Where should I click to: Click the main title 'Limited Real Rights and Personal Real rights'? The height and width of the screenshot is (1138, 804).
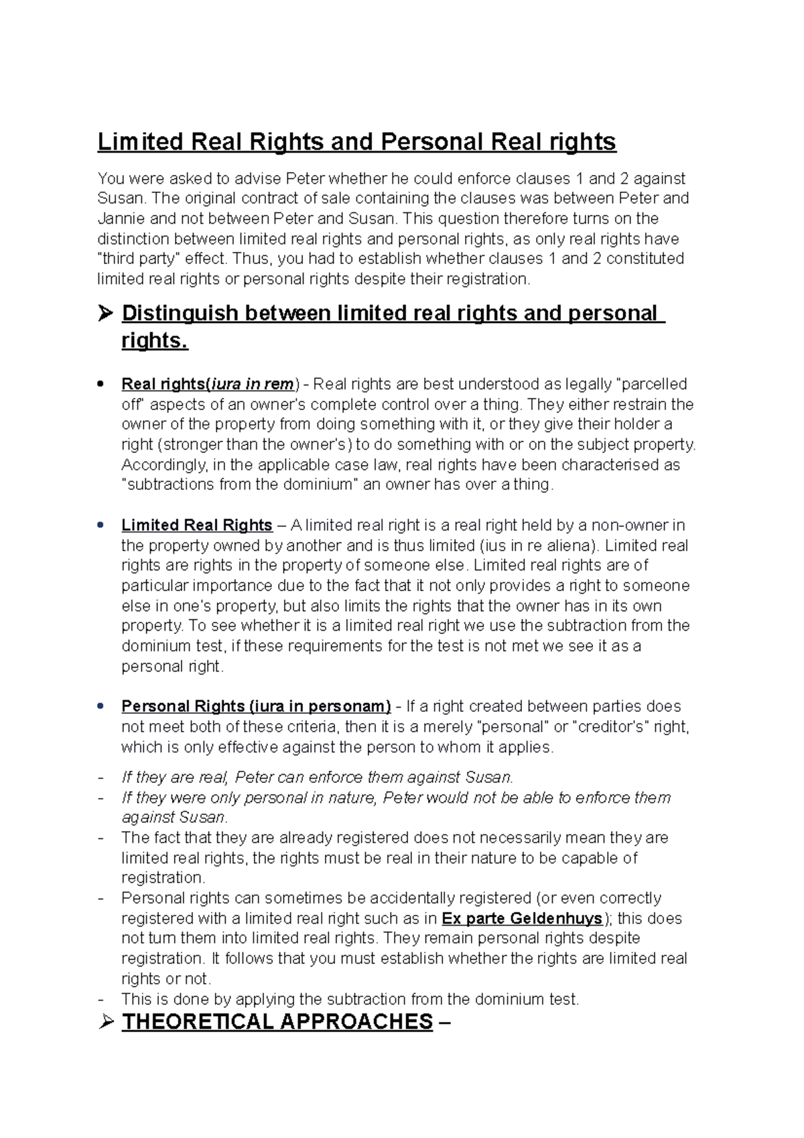[x=356, y=142]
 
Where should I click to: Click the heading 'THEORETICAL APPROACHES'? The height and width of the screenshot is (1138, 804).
[x=277, y=1022]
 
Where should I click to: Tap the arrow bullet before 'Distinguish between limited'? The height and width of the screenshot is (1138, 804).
[x=105, y=314]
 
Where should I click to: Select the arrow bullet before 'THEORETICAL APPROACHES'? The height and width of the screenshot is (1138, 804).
[x=105, y=1023]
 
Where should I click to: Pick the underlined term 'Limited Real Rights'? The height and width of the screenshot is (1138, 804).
[x=196, y=525]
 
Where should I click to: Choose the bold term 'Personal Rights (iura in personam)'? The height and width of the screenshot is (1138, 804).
[x=256, y=706]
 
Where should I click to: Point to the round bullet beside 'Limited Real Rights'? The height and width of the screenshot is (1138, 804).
[x=100, y=525]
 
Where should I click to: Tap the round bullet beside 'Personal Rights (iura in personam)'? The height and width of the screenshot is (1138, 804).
[x=100, y=706]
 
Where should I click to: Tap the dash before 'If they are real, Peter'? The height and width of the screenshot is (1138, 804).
[x=101, y=778]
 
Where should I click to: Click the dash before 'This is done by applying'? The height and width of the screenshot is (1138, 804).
[x=101, y=1000]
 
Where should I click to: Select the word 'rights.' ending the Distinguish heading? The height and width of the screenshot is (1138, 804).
[x=155, y=341]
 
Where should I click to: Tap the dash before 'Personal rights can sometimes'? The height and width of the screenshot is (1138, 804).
[x=101, y=899]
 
